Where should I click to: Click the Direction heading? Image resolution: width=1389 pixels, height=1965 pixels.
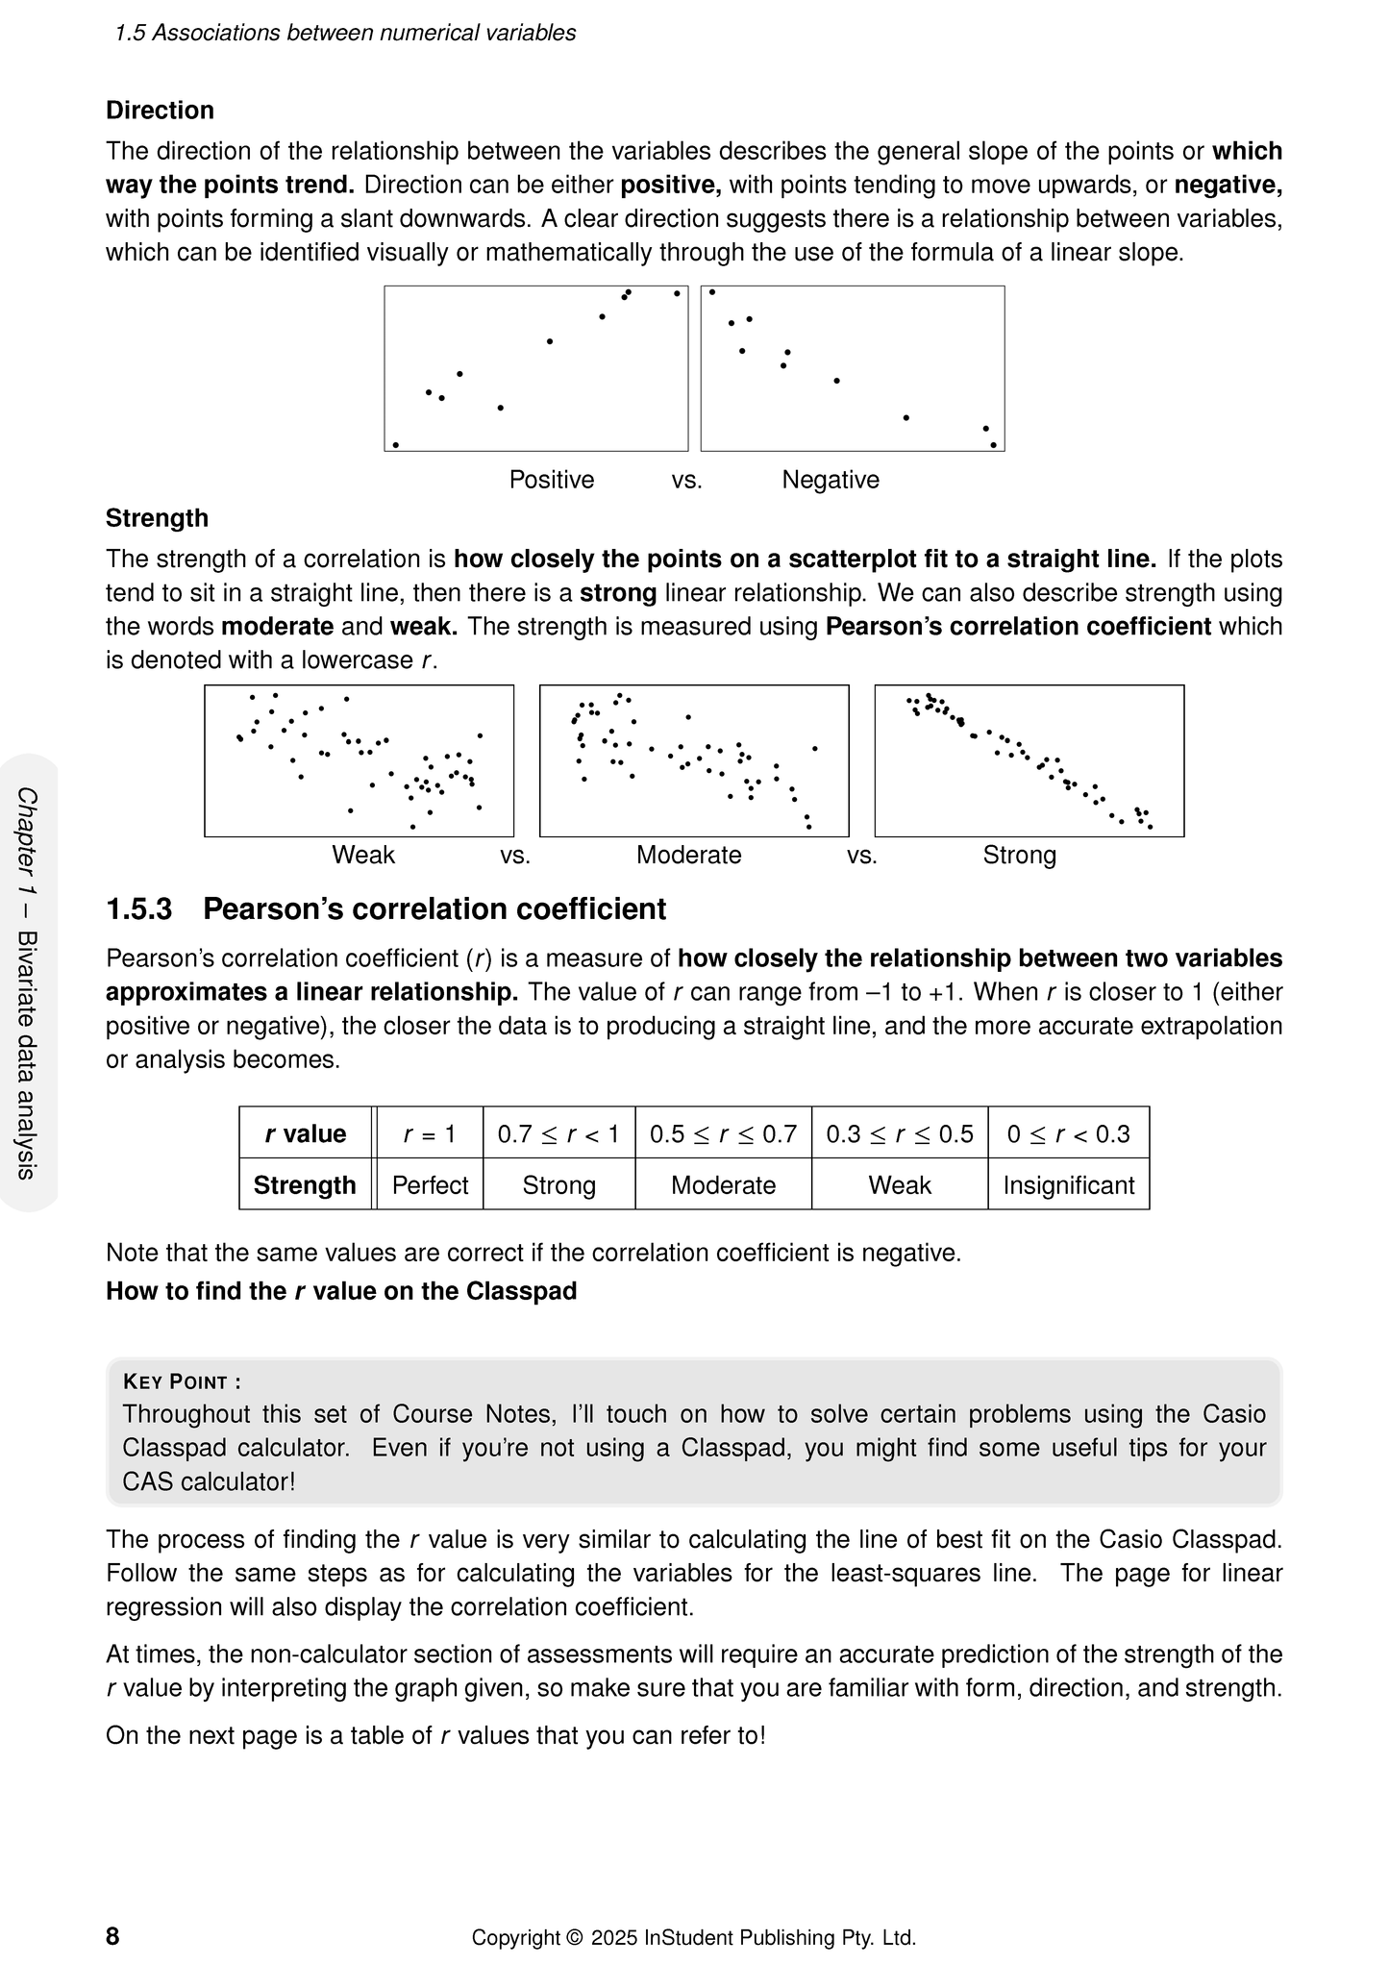tap(160, 111)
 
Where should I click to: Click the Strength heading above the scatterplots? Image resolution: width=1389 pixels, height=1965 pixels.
tap(157, 518)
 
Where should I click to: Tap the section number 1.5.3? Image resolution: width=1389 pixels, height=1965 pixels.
tap(138, 909)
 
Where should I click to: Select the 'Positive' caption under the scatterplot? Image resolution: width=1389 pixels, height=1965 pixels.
tap(551, 480)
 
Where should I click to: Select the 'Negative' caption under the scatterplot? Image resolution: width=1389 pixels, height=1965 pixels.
tap(830, 480)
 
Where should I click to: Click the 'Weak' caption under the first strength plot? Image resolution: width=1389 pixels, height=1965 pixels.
tap(362, 855)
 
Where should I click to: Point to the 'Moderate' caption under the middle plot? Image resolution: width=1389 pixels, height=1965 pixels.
tap(688, 855)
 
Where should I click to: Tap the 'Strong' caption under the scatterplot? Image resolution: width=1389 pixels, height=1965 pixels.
tap(1019, 855)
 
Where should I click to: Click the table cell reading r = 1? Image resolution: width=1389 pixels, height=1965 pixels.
tap(430, 1134)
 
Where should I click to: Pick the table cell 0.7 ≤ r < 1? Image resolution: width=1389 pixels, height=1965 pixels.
tap(558, 1134)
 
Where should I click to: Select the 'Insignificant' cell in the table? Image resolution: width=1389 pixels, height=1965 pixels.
tap(1068, 1185)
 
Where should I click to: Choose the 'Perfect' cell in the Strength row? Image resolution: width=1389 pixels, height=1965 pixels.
tap(430, 1185)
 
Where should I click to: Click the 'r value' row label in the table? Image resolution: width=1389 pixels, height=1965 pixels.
tap(305, 1134)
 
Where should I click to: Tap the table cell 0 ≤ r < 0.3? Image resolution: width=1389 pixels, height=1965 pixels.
tap(1068, 1134)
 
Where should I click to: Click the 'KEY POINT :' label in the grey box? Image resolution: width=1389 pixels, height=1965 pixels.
tap(182, 1382)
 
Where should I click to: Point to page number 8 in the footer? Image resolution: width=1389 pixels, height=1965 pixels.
tap(112, 1936)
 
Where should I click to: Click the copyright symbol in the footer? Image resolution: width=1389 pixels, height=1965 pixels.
tap(575, 1937)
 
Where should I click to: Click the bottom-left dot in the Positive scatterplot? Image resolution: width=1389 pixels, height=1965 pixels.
tap(395, 445)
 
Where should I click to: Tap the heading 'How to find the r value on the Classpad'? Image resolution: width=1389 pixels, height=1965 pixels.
tap(341, 1291)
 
